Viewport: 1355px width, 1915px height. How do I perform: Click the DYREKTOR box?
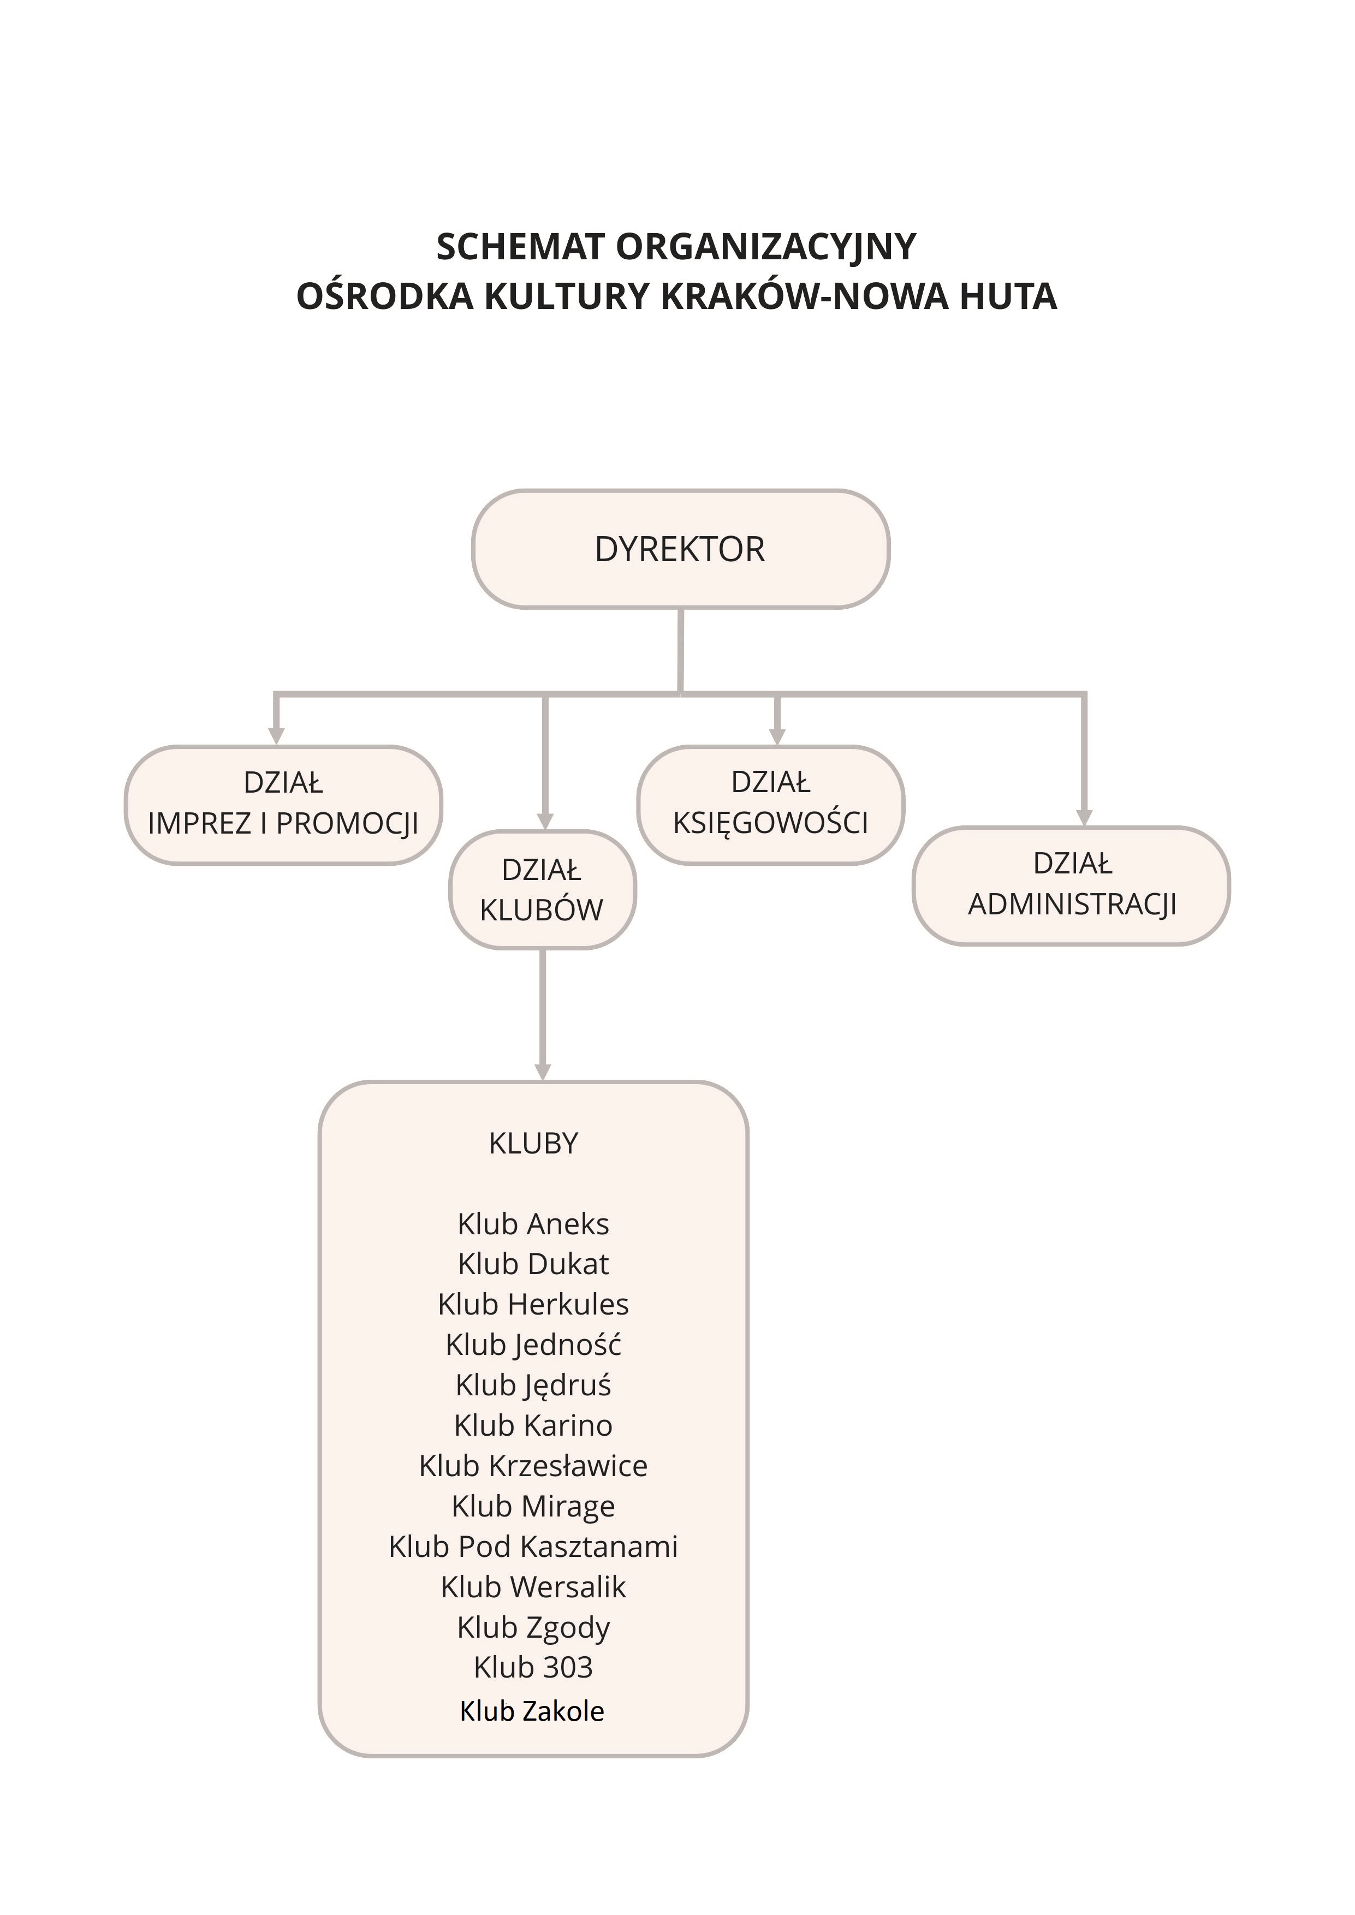tap(680, 549)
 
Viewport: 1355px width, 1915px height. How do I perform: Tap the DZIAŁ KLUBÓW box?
tap(542, 889)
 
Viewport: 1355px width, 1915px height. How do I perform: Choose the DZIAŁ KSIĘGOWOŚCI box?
tap(770, 804)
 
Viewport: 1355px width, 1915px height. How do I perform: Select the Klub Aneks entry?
tap(533, 1223)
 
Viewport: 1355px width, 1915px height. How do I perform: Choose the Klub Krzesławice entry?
tap(533, 1465)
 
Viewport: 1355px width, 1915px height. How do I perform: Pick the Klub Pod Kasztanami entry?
tap(533, 1547)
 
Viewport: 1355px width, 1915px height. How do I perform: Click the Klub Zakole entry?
tap(532, 1711)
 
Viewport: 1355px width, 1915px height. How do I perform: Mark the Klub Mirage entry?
tap(533, 1506)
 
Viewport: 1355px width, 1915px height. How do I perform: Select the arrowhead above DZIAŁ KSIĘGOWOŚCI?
tap(777, 736)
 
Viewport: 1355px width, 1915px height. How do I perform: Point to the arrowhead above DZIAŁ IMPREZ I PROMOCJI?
tap(276, 736)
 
